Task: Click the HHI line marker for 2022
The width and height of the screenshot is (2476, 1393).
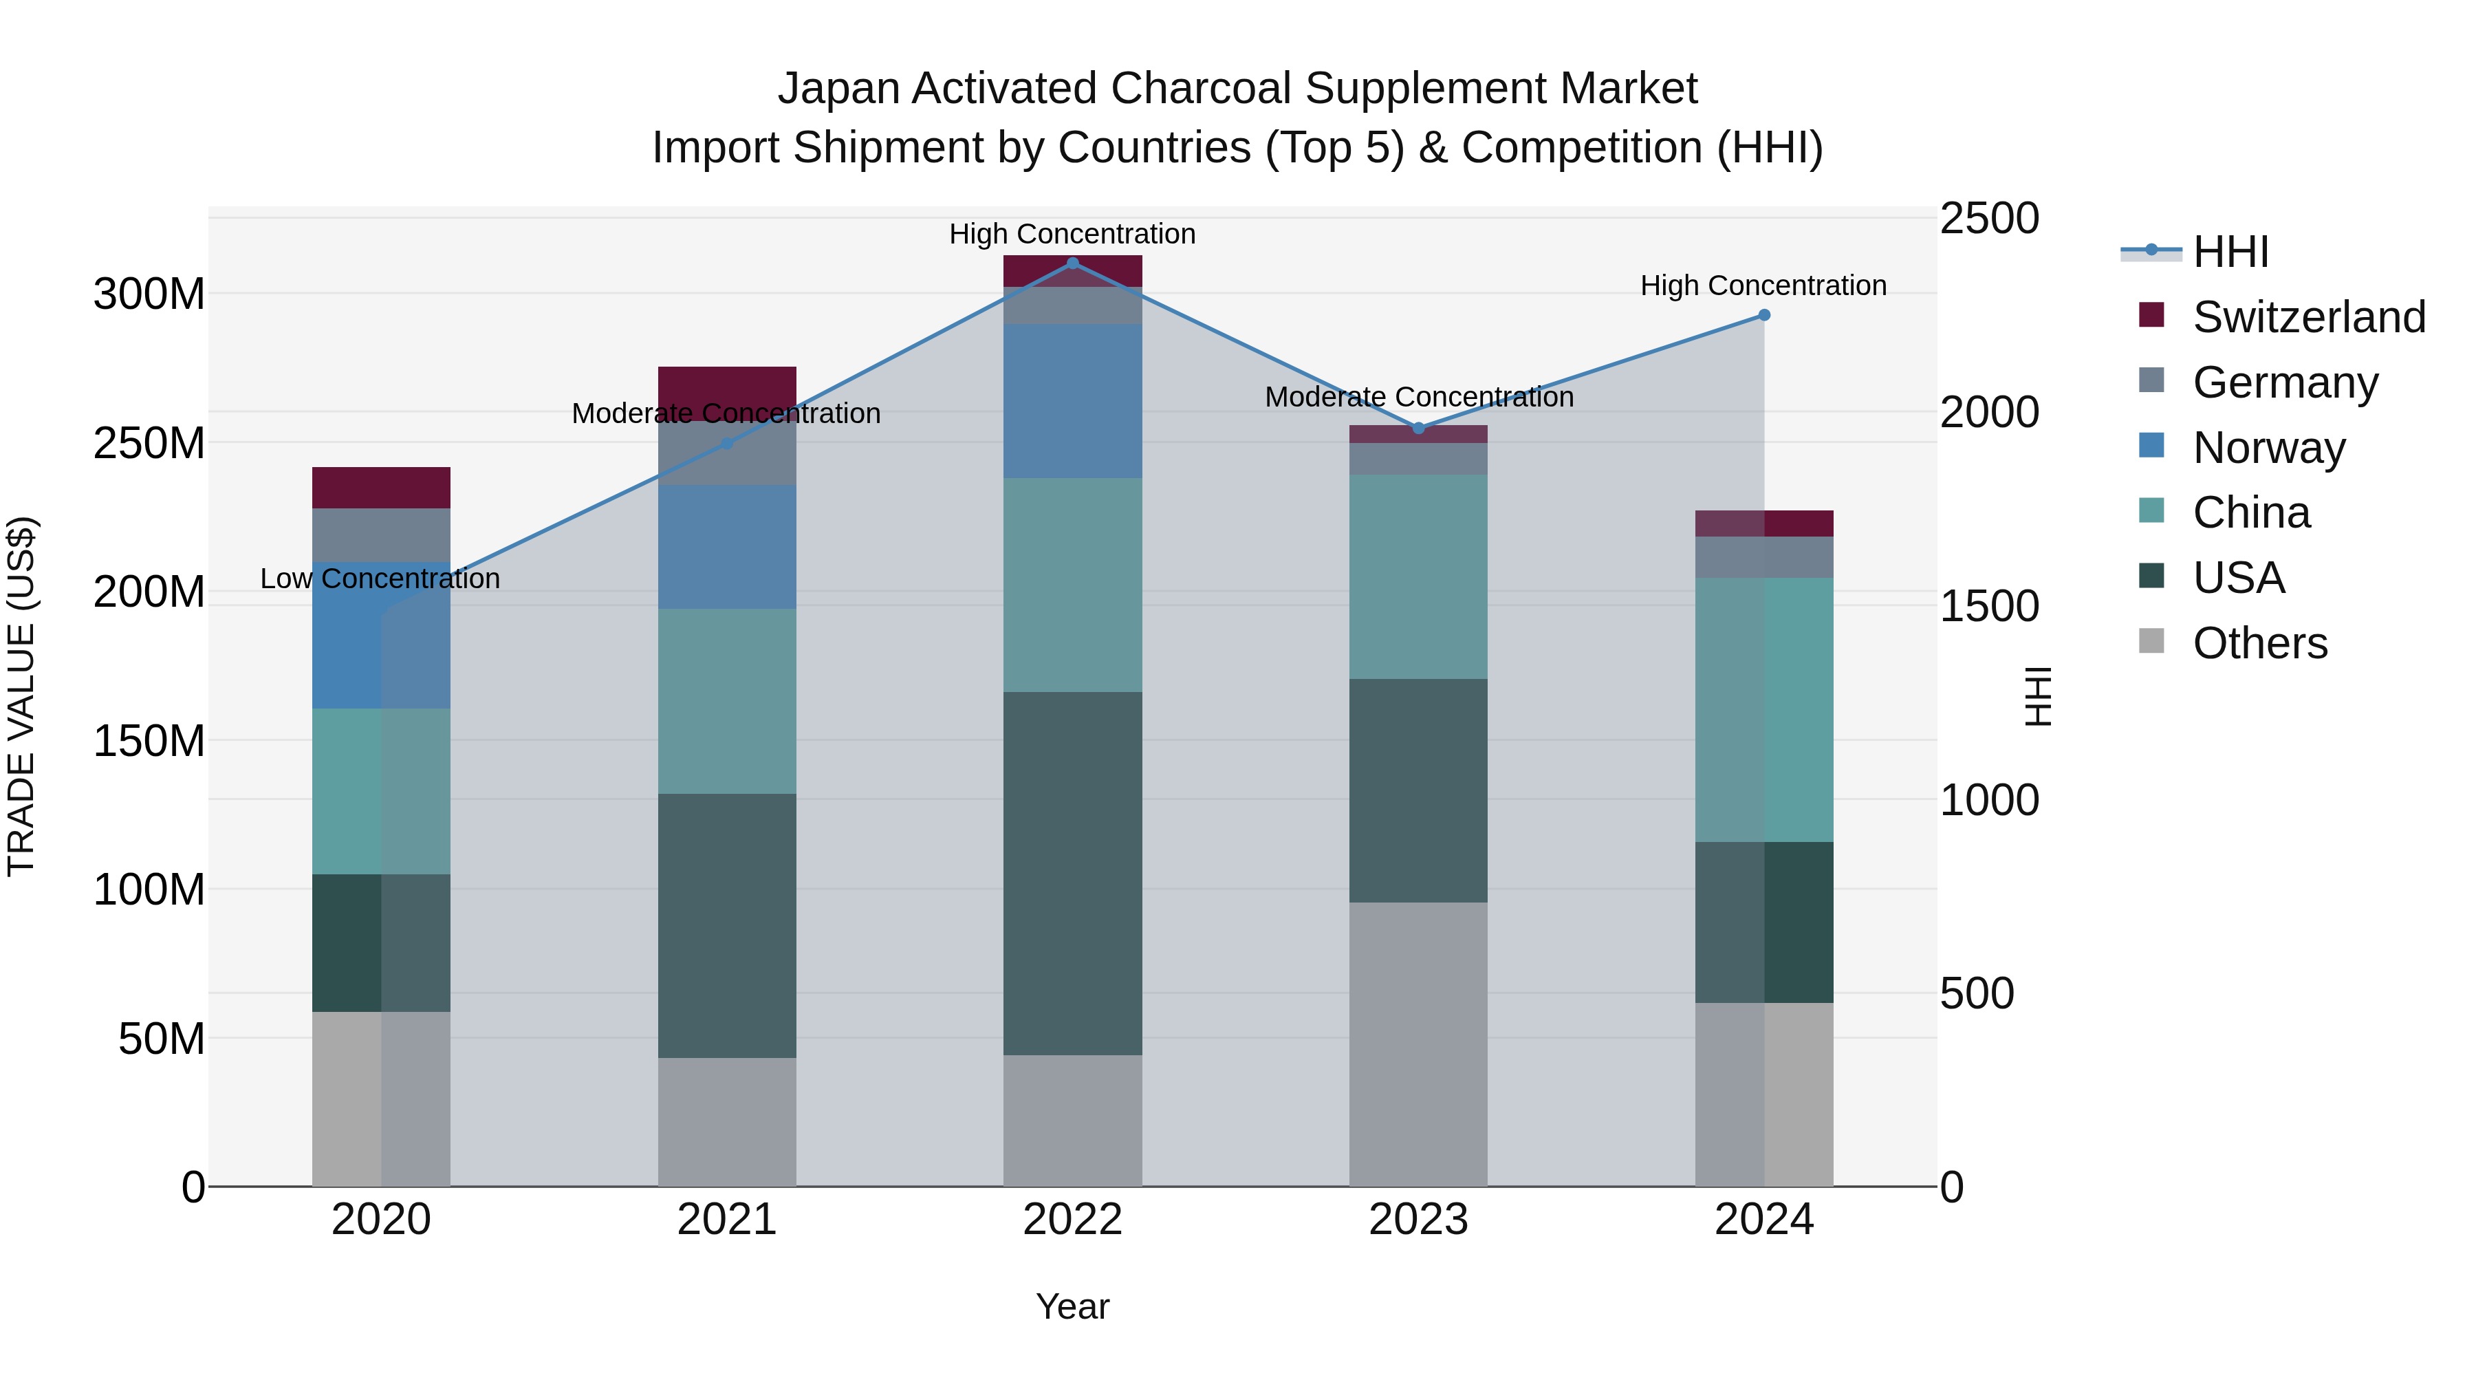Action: tap(1073, 263)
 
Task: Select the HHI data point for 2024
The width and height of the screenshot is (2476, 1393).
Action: tap(1763, 315)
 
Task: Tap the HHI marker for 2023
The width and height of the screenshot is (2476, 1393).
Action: tap(1419, 428)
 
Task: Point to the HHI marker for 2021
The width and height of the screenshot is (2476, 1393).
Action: tap(727, 443)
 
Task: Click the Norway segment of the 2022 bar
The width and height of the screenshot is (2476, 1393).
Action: tap(1073, 401)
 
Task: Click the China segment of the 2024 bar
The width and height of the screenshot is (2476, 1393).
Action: tap(1763, 709)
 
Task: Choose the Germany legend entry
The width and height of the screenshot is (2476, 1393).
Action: tap(2285, 382)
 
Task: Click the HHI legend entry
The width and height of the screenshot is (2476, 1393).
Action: tap(2230, 252)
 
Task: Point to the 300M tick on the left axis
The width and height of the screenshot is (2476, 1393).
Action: tap(149, 294)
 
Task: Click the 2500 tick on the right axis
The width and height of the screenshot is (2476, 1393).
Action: tap(1988, 218)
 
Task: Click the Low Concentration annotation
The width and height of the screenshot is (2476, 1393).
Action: tap(380, 579)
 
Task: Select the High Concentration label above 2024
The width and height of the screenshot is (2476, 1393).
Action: tap(1763, 285)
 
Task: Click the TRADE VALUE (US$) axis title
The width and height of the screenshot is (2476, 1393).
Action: tap(21, 696)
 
